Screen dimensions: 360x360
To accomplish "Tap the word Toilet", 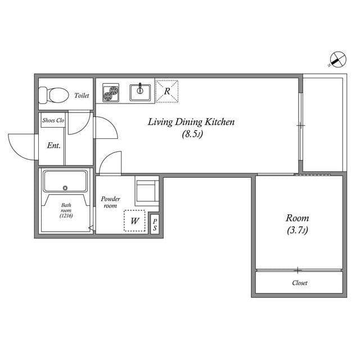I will tap(82, 96).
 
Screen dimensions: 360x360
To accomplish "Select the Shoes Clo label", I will tap(53, 120).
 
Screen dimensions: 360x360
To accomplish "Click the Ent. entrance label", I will tap(53, 145).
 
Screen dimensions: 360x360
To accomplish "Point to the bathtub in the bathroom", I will tap(65, 182).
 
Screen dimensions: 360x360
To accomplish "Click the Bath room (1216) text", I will tap(66, 210).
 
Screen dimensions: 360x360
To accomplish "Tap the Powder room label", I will tap(110, 202).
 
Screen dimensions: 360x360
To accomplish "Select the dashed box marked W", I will tap(134, 221).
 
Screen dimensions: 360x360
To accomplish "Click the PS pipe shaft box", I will tap(155, 224).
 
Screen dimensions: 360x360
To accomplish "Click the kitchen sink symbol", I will tap(141, 91).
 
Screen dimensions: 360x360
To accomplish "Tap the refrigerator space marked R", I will tap(167, 91).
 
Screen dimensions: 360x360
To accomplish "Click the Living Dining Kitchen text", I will tap(190, 122).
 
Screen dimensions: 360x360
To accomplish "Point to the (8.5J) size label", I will tap(190, 134).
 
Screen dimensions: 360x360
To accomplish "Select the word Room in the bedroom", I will tap(297, 218).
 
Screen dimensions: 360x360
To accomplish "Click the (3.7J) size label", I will tap(297, 231).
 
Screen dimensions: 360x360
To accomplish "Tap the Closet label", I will tap(299, 283).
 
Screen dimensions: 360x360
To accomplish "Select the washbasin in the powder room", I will tap(146, 189).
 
